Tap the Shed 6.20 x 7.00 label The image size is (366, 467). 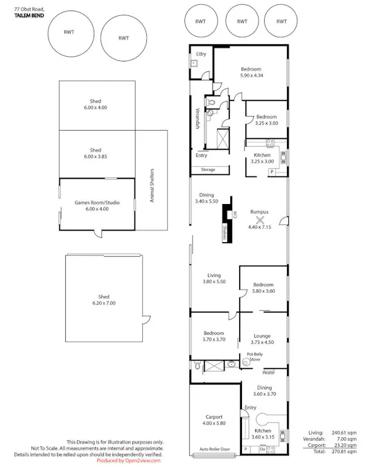click(103, 300)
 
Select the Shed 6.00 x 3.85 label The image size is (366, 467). click(95, 154)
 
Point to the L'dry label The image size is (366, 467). click(201, 54)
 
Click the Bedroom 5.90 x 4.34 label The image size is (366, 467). click(250, 73)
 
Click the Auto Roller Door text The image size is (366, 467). click(214, 448)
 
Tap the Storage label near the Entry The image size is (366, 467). click(207, 170)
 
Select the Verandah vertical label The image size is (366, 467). click(197, 119)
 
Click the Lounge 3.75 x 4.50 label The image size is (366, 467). click(261, 338)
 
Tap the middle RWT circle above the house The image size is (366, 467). click(242, 21)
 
